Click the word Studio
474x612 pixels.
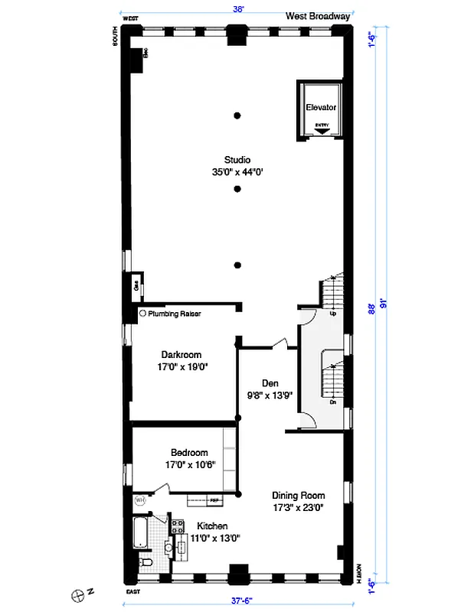coord(237,160)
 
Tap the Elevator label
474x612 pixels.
coord(320,108)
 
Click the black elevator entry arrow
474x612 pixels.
coord(322,131)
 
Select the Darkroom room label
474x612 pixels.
coord(181,355)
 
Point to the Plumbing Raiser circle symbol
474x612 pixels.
coord(142,314)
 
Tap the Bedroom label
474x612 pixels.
coord(181,452)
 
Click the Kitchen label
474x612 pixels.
coord(212,526)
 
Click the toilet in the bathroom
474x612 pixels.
coord(147,564)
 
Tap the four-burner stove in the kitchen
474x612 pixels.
coord(177,526)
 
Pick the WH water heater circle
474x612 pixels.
coord(140,500)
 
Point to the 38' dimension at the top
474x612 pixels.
coord(238,10)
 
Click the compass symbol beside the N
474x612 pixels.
coord(77,593)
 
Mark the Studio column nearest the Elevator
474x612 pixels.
coord(238,116)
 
